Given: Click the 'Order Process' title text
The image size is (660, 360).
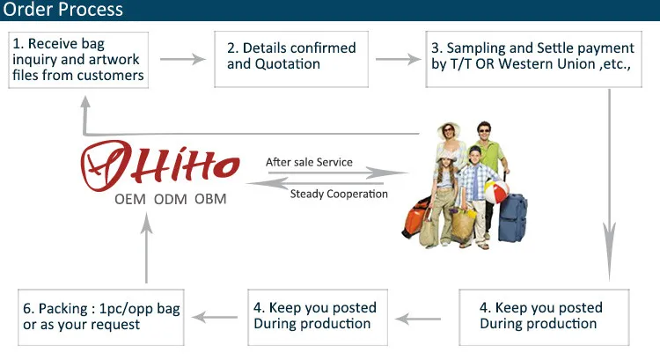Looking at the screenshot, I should [62, 11].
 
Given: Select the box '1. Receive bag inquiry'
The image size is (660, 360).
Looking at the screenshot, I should [78, 60].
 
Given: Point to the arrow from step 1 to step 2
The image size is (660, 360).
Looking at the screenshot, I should [180, 60].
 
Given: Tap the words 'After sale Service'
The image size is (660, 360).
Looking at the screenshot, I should [309, 163].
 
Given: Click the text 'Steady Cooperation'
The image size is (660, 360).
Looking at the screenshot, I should [339, 194].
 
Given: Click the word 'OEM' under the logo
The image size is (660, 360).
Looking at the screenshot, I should [130, 200].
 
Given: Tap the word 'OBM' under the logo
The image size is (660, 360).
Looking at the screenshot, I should [210, 200].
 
